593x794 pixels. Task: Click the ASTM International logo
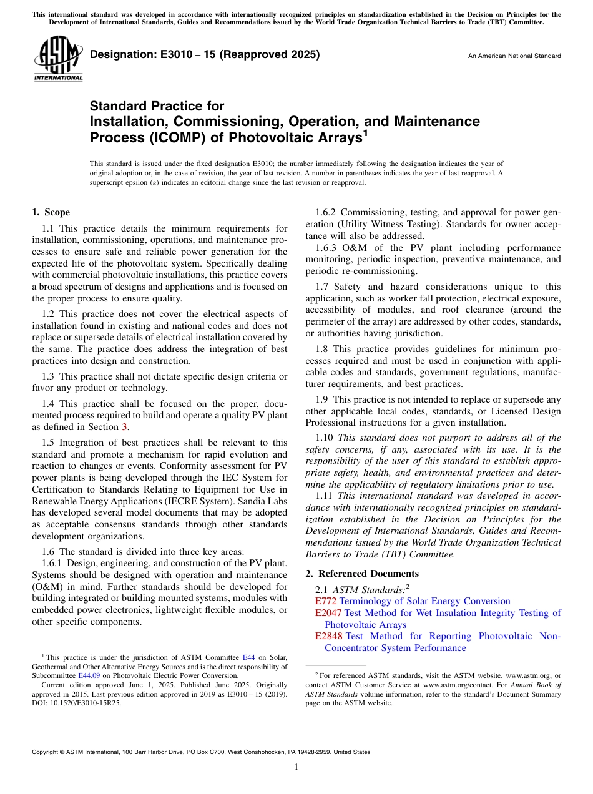58,59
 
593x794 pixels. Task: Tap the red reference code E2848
328,636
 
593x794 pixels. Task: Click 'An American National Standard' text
514,56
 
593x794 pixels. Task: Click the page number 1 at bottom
296,767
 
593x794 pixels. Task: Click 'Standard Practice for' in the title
157,106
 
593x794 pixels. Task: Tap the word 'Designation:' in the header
120,55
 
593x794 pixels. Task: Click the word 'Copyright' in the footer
46,752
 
